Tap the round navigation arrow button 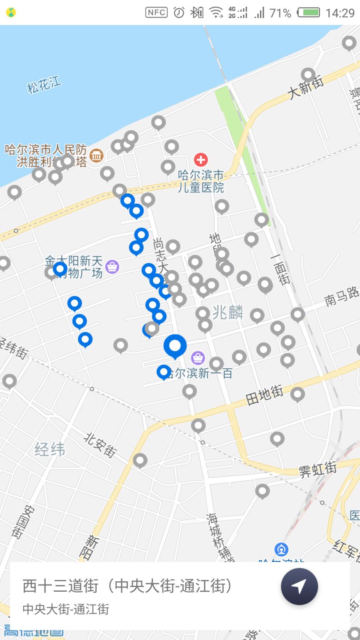click(x=299, y=586)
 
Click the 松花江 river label click(x=44, y=85)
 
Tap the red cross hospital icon click(x=201, y=159)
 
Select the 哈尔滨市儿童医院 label click(x=201, y=181)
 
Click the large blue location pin click(x=175, y=345)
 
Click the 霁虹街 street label click(x=317, y=470)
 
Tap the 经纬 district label click(x=50, y=450)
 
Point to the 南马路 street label click(x=342, y=296)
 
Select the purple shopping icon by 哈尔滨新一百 click(x=197, y=357)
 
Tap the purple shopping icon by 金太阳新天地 click(x=112, y=266)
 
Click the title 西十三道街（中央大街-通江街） click(x=127, y=586)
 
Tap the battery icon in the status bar click(x=309, y=13)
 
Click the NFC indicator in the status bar click(x=156, y=13)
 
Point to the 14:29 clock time click(x=340, y=13)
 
